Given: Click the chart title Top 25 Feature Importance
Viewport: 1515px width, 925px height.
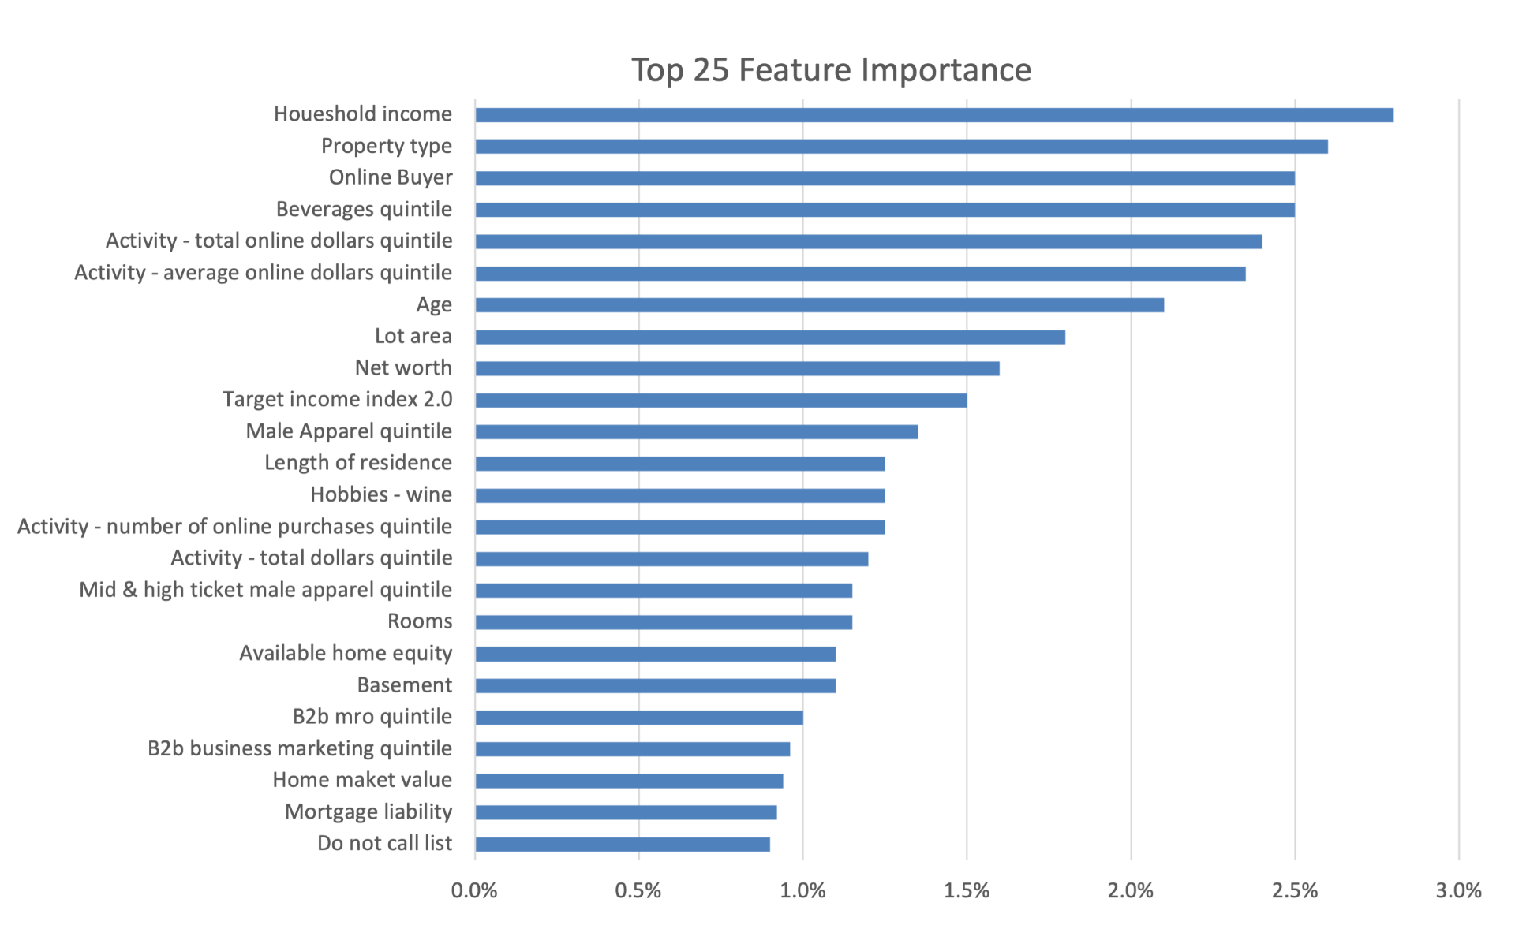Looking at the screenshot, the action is point(831,70).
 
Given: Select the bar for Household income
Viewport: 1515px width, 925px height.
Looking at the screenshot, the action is point(934,115).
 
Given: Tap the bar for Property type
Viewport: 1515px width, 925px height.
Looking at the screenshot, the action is point(902,147).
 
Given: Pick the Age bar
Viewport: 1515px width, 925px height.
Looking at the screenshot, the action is point(820,305).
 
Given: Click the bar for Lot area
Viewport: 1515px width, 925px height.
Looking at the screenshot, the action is point(770,338).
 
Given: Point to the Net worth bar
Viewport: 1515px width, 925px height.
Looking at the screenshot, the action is point(738,369).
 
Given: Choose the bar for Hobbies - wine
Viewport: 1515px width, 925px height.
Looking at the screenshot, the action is point(680,496).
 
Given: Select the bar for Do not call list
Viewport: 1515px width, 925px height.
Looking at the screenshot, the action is point(623,845).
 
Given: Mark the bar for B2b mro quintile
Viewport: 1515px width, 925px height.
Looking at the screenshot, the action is point(639,718).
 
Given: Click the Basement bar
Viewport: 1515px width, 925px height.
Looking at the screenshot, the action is point(656,686).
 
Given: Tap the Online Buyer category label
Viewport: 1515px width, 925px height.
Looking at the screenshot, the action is point(391,178).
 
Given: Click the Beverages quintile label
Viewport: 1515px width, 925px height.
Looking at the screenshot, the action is point(364,210).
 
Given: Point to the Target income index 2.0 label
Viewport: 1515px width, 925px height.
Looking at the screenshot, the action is point(338,400).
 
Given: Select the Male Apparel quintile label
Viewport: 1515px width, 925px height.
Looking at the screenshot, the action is point(349,431).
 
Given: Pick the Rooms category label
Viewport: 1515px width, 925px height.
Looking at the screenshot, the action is point(420,621).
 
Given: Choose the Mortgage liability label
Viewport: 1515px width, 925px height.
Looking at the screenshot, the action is point(368,812).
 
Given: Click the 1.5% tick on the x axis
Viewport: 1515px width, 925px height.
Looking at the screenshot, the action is point(967,891).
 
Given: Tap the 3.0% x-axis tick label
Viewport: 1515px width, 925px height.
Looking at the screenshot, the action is point(1459,891).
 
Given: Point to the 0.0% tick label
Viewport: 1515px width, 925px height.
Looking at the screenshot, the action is point(474,891).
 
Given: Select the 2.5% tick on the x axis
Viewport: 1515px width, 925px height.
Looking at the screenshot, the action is point(1295,891).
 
